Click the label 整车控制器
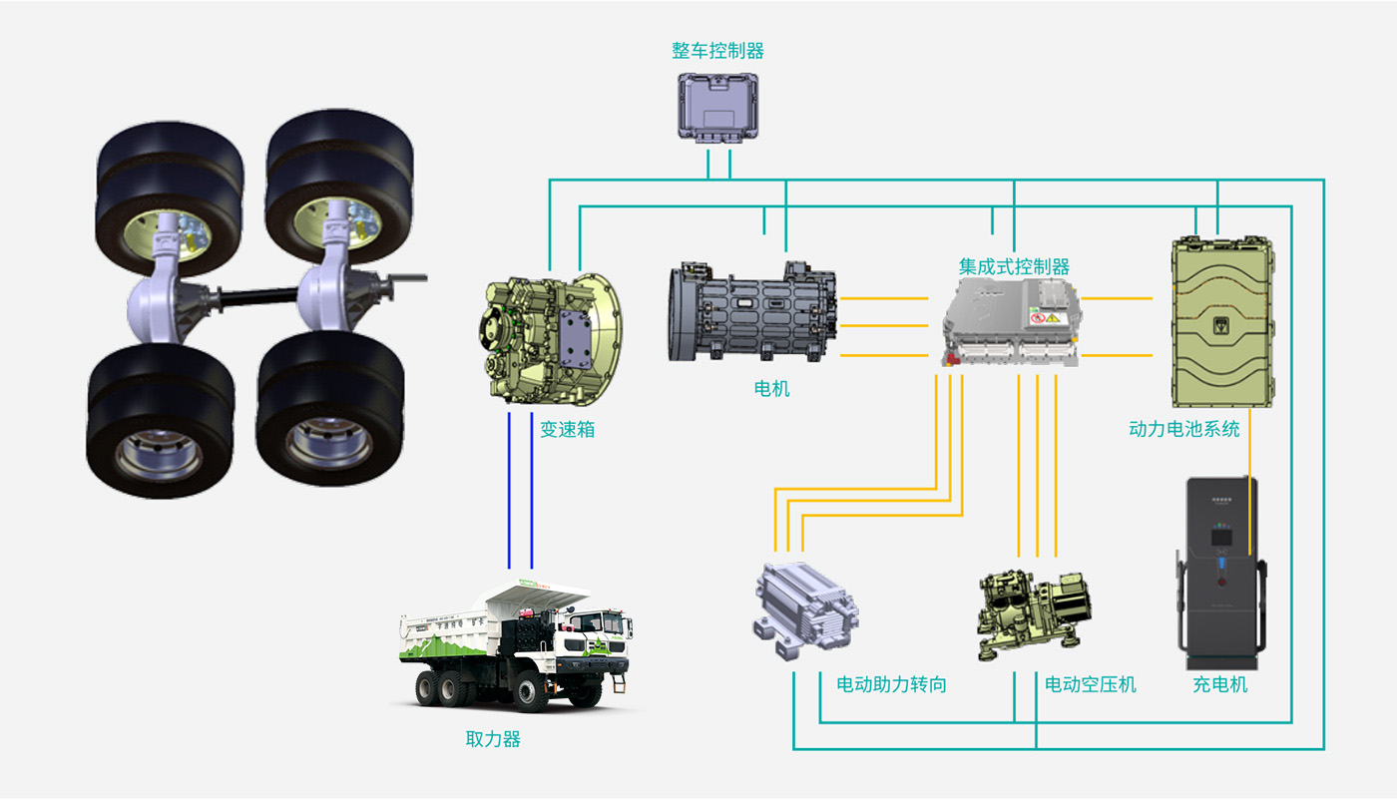coord(717,51)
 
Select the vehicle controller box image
coord(718,106)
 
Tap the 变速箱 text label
coord(567,430)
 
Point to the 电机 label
coord(771,389)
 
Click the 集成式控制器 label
coord(1014,267)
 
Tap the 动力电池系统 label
coord(1183,429)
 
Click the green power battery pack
coord(1223,321)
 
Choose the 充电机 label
coord(1219,685)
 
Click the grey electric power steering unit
coord(803,606)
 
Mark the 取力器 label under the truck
coord(493,739)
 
